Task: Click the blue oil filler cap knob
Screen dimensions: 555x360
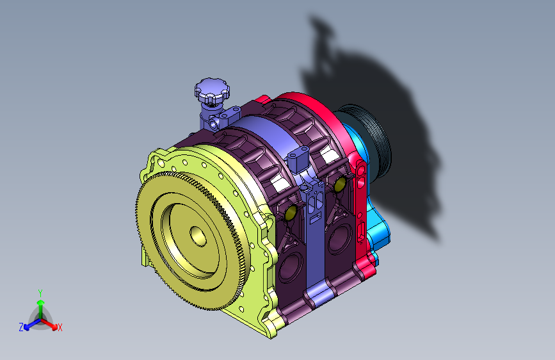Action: click(x=212, y=92)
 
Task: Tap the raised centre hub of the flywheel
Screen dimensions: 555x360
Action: click(x=198, y=236)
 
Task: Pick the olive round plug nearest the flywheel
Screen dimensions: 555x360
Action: click(x=291, y=212)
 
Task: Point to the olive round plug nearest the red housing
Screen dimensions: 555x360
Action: click(x=340, y=184)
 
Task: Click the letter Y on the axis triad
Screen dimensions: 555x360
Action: click(x=40, y=293)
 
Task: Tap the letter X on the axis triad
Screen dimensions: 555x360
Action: click(x=60, y=327)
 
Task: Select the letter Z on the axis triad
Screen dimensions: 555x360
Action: click(x=21, y=327)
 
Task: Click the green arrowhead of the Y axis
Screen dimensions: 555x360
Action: click(x=41, y=302)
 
